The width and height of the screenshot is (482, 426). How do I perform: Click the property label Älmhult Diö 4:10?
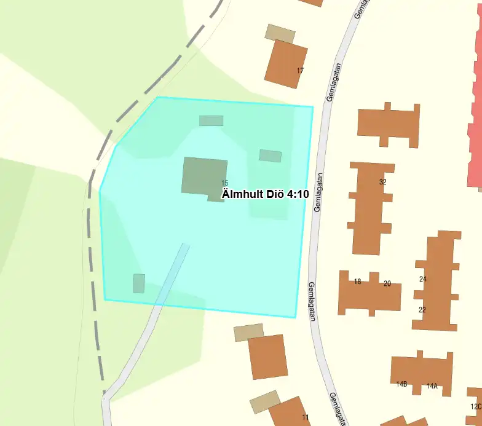(265, 194)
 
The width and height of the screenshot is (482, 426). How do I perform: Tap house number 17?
(300, 71)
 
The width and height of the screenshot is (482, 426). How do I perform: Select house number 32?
(383, 182)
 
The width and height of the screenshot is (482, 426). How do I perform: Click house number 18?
(358, 282)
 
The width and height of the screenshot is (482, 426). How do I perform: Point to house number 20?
(387, 283)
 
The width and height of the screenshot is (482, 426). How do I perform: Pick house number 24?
(422, 279)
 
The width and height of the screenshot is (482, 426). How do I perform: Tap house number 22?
(422, 310)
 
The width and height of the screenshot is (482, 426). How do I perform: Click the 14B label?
(401, 384)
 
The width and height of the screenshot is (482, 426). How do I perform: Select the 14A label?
(432, 386)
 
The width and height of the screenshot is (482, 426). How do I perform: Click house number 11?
(306, 417)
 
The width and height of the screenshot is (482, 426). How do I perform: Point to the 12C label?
(476, 406)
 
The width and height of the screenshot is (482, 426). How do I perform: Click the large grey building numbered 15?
(204, 175)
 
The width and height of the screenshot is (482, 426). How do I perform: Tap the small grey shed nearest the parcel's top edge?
(211, 120)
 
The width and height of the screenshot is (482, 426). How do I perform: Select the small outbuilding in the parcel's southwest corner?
(139, 283)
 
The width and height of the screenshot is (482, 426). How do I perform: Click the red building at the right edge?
(475, 123)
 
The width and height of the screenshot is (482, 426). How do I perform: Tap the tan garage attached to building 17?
(280, 33)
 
